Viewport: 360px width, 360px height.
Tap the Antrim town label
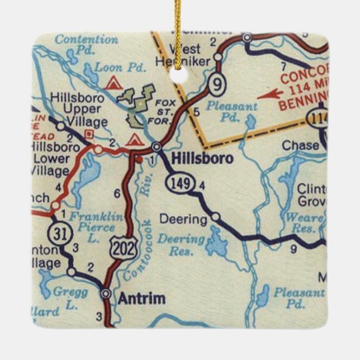pyautogui.click(x=141, y=299)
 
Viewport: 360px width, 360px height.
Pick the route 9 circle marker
pyautogui.click(x=216, y=86)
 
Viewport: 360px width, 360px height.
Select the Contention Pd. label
pyautogui.click(x=87, y=40)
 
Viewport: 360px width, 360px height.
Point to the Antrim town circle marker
pyautogui.click(x=106, y=292)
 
